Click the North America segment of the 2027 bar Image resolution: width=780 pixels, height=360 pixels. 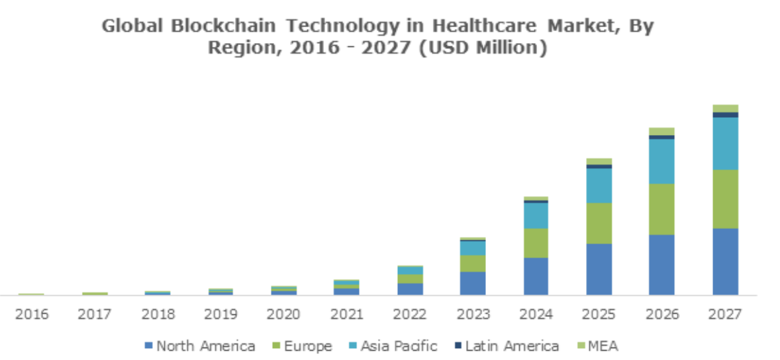pyautogui.click(x=725, y=261)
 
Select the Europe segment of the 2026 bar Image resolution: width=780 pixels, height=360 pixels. pyautogui.click(x=661, y=209)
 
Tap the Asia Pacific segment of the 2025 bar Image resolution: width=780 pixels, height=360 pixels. pyautogui.click(x=599, y=185)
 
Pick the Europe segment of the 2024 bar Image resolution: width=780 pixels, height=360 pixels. pyautogui.click(x=536, y=243)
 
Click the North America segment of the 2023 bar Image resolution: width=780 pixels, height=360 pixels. pyautogui.click(x=473, y=283)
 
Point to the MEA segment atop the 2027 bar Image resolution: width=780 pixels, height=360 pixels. pyautogui.click(x=725, y=109)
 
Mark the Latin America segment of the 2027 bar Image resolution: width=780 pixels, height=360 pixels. pyautogui.click(x=725, y=115)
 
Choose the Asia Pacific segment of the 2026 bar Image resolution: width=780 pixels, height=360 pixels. pyautogui.click(x=661, y=161)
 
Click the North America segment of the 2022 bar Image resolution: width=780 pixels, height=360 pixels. pyautogui.click(x=410, y=289)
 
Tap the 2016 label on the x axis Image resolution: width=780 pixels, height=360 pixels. pyautogui.click(x=32, y=314)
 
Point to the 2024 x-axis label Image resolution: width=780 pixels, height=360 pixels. pyautogui.click(x=536, y=314)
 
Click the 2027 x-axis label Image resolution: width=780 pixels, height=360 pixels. pyautogui.click(x=724, y=314)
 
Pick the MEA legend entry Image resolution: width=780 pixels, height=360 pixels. pyautogui.click(x=601, y=345)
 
